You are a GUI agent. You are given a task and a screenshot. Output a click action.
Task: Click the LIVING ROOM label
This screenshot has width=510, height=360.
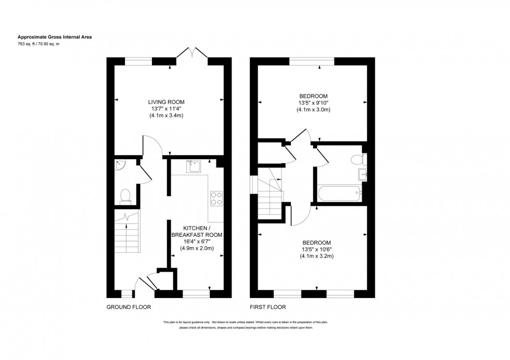[166, 102]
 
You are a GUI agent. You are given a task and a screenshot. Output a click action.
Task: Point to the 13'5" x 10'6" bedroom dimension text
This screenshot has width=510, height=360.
[316, 249]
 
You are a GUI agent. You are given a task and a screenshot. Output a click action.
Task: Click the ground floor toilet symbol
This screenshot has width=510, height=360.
[125, 196]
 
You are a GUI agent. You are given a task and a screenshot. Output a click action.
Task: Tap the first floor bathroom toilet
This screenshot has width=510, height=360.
[356, 159]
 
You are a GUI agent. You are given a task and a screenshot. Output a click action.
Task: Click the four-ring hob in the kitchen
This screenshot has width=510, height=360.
[216, 199]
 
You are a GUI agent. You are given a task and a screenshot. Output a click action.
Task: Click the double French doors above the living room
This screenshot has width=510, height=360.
[193, 52]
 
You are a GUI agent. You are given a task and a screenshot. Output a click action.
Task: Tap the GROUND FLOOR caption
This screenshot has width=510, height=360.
[129, 307]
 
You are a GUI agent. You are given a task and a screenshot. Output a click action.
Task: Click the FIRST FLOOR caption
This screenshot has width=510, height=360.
[268, 307]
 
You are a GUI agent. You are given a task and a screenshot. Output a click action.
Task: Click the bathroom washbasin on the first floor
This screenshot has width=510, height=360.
[362, 174]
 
